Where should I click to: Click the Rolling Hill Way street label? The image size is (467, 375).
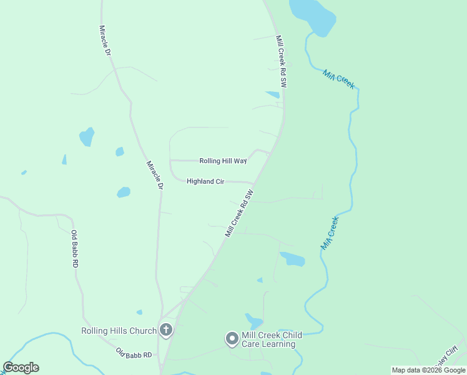tap(222, 161)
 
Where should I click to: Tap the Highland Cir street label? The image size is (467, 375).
tap(205, 181)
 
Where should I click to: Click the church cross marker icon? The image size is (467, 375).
tap(165, 329)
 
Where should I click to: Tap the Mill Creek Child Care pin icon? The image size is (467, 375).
tap(232, 339)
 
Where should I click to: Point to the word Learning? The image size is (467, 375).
tap(280, 344)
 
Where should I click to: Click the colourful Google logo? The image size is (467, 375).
tap(21, 367)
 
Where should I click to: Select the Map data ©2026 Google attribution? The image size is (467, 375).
tap(428, 370)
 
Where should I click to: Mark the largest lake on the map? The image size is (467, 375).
tap(313, 16)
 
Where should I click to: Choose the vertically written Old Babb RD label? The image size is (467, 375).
tap(74, 249)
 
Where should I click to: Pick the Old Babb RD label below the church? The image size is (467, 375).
tap(134, 354)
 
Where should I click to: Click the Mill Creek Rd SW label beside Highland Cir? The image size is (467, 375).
tap(240, 213)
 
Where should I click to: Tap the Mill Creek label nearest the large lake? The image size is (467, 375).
tap(338, 79)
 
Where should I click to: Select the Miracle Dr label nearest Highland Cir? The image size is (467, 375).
tap(155, 175)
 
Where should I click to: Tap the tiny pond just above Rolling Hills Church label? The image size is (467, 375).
tap(139, 312)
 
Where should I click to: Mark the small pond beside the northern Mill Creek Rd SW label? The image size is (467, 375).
tap(273, 95)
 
